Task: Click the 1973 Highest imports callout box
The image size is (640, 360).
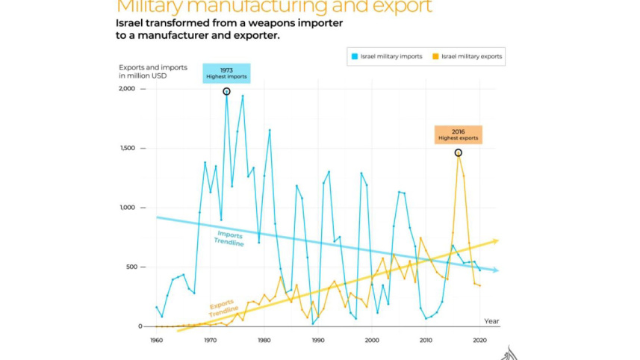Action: pyautogui.click(x=226, y=73)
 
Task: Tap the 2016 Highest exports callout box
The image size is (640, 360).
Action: pyautogui.click(x=459, y=134)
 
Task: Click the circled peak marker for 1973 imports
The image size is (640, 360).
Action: pyautogui.click(x=226, y=91)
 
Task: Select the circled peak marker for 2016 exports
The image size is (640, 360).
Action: pyautogui.click(x=459, y=152)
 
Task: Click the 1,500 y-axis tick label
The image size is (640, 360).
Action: pyautogui.click(x=129, y=149)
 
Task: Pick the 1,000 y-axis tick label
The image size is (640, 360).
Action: pyautogui.click(x=129, y=208)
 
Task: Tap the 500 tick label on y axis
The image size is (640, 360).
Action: pyautogui.click(x=133, y=267)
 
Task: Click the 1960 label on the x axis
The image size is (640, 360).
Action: pyautogui.click(x=156, y=341)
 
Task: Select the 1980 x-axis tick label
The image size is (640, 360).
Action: pyautogui.click(x=264, y=341)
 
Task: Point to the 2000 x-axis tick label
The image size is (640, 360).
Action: pyautogui.click(x=372, y=341)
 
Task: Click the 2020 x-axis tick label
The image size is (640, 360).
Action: pyautogui.click(x=479, y=341)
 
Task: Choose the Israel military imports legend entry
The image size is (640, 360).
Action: pyautogui.click(x=387, y=56)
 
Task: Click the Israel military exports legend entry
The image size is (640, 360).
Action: pyautogui.click(x=467, y=56)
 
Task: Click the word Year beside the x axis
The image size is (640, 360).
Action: pyautogui.click(x=491, y=321)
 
